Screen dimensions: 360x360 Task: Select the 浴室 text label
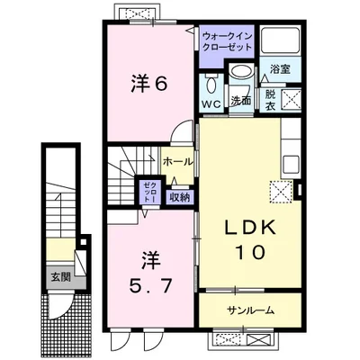[x=278, y=69]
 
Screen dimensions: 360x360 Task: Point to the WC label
[x=211, y=104]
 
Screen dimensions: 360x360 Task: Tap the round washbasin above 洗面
[x=240, y=75]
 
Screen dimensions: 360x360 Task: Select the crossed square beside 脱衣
[x=291, y=98]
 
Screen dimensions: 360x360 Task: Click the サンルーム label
[x=249, y=310]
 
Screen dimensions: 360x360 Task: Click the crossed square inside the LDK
[x=279, y=191]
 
